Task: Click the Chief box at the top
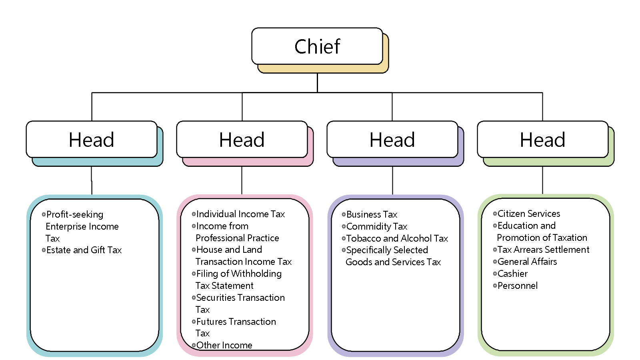tap(317, 46)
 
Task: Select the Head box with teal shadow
tap(92, 140)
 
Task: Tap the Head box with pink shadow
tap(242, 140)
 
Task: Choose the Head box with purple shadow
tap(392, 140)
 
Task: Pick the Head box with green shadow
tap(543, 140)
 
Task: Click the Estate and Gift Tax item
tap(84, 250)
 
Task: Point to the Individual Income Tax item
tap(240, 214)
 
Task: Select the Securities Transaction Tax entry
tap(240, 298)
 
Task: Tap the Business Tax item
tap(372, 214)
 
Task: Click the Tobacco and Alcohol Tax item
tap(397, 238)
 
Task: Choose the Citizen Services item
tap(528, 214)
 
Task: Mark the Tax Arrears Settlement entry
tap(543, 250)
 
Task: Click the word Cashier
tap(512, 274)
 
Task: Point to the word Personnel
tap(518, 286)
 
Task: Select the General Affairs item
tap(527, 262)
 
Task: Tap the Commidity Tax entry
tap(376, 226)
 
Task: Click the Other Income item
tap(224, 345)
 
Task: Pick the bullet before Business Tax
tap(344, 214)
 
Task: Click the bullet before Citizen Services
tap(495, 214)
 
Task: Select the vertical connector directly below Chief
tap(317, 83)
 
